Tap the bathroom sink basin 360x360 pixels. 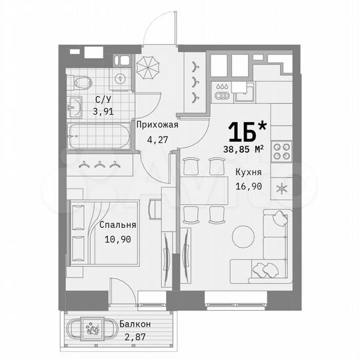click(75, 105)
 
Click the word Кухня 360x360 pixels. click(247, 172)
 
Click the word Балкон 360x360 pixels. click(136, 325)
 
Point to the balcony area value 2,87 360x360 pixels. click(136, 337)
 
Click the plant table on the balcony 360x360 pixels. click(92, 328)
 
